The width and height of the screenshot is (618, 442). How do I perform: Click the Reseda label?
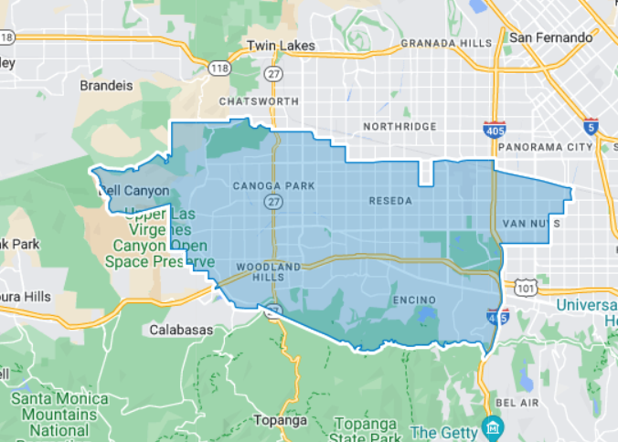click(x=390, y=200)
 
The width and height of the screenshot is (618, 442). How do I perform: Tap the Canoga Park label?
click(x=273, y=185)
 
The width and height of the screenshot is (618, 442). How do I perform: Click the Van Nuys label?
click(x=531, y=223)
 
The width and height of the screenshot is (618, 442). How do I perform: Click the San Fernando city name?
click(x=550, y=37)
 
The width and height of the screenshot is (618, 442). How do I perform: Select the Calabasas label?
click(x=183, y=330)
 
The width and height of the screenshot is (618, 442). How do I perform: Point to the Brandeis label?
click(x=107, y=85)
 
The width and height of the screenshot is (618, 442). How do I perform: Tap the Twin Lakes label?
click(x=282, y=45)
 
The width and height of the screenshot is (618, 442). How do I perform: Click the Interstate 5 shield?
click(x=591, y=126)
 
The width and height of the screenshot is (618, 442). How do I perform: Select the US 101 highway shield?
click(x=525, y=289)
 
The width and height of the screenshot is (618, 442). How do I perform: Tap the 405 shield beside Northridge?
click(x=495, y=132)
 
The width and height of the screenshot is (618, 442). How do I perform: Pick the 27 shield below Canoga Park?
click(x=273, y=201)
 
